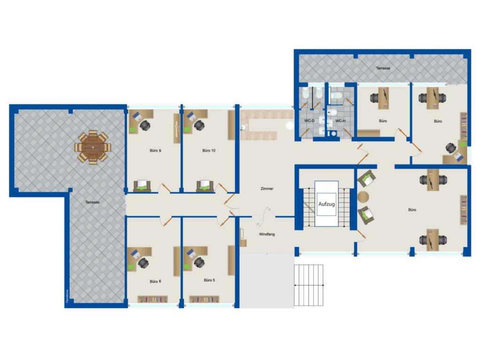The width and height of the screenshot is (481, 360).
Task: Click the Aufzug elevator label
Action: point(326,204)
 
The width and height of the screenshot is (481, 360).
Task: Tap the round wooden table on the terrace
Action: point(93,147)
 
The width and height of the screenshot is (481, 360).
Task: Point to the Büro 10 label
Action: point(209,151)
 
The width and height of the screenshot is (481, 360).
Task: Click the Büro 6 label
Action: point(155,281)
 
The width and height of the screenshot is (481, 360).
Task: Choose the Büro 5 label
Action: point(209,280)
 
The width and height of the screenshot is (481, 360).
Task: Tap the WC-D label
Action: point(309,121)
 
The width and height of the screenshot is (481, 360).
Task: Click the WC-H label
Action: point(340,121)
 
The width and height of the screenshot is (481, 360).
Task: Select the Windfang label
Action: point(266,234)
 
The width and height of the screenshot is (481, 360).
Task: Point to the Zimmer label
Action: point(267,189)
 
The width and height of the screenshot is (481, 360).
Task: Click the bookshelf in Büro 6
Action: point(152,299)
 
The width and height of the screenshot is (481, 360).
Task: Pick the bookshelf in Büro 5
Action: point(204,299)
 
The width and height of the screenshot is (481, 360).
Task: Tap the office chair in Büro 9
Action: point(145,125)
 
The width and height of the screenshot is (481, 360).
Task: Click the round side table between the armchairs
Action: point(363,196)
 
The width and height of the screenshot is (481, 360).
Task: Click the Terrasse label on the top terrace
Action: point(383,68)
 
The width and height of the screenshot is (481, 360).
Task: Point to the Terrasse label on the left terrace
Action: point(92,202)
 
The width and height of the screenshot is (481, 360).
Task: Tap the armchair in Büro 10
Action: point(205,186)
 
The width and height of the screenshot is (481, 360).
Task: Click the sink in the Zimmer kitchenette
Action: point(243,127)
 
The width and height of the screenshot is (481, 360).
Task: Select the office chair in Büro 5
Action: point(199,262)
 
